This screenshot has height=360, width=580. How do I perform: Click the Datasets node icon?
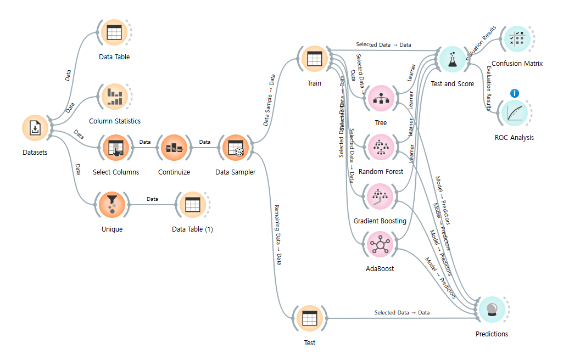pos(35,128)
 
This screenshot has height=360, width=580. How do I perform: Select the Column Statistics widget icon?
pos(114,97)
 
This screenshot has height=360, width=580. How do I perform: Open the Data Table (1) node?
pos(192,205)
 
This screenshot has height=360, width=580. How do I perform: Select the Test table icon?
pos(310,319)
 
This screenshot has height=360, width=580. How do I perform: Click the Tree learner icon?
pos(380,99)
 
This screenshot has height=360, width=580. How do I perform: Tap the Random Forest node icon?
pos(380,148)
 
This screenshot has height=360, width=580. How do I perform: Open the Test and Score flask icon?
pos(453,59)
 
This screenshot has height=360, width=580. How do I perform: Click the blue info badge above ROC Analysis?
pos(515,93)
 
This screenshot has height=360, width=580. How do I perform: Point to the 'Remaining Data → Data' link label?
pos(278,235)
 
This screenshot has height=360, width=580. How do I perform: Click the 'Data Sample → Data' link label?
pos(269,100)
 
